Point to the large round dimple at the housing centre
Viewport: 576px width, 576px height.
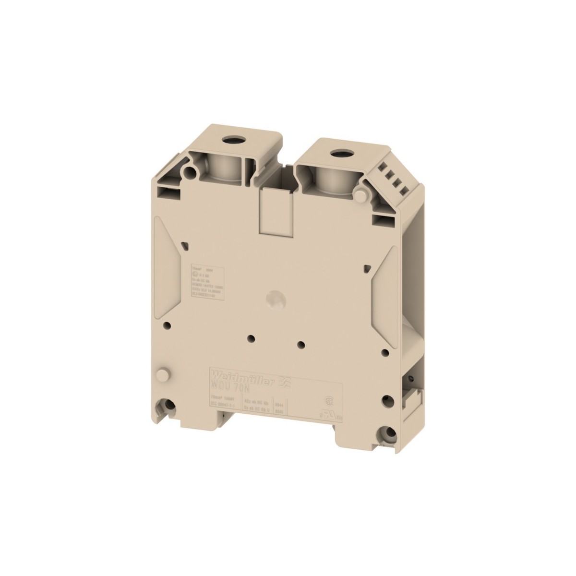276,298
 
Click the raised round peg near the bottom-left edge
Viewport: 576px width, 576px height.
164,373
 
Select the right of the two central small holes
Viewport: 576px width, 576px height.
301,344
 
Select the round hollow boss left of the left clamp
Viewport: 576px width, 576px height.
192,170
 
